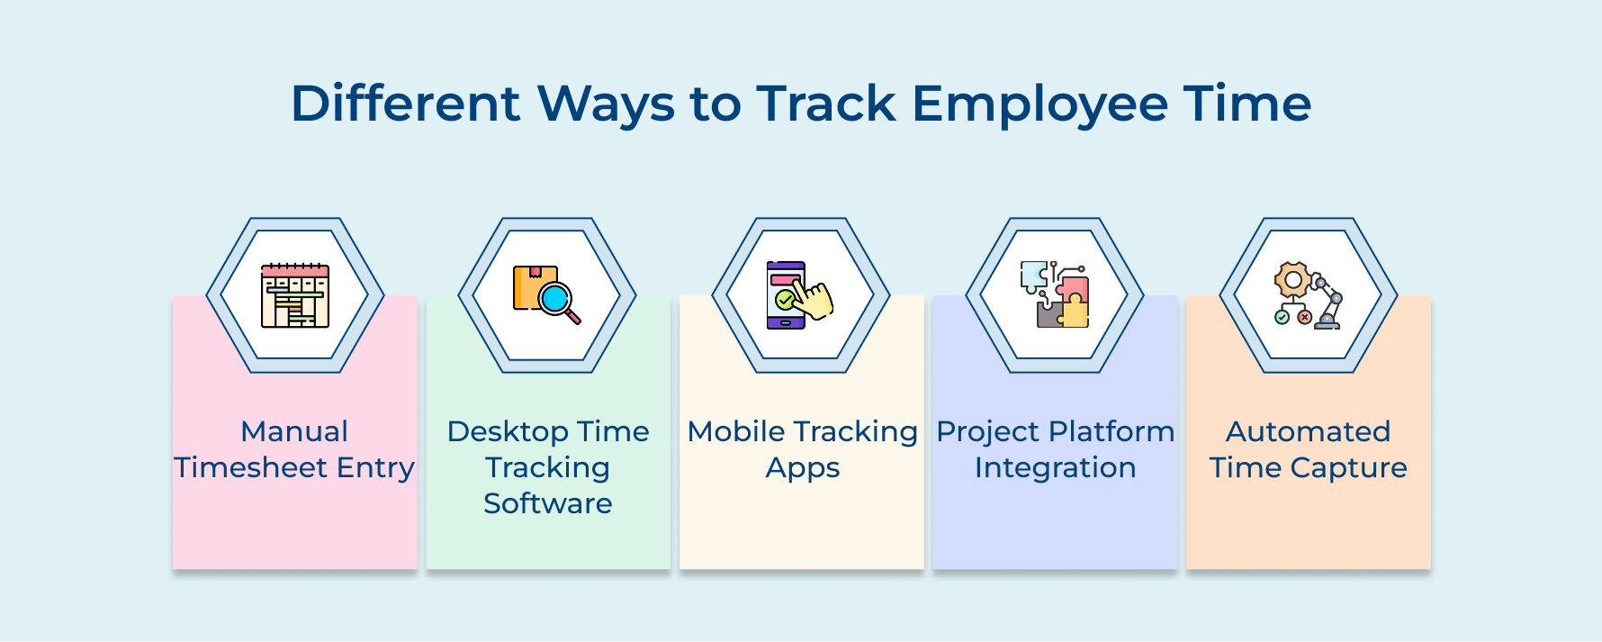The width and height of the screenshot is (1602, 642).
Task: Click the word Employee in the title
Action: click(x=1039, y=104)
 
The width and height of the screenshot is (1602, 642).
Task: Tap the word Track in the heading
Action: click(x=825, y=104)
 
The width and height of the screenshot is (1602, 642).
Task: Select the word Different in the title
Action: click(x=405, y=104)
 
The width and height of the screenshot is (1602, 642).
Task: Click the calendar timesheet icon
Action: click(x=295, y=295)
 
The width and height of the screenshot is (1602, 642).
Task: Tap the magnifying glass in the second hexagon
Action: click(x=558, y=301)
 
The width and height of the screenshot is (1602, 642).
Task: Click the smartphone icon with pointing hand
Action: click(x=787, y=295)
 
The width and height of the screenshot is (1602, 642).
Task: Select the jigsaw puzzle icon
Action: click(x=1055, y=295)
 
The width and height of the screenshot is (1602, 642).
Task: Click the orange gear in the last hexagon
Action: click(x=1292, y=280)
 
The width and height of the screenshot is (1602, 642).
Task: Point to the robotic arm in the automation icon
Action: click(x=1328, y=302)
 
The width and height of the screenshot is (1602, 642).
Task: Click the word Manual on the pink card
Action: click(x=294, y=431)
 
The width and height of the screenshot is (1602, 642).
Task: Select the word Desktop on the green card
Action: click(x=508, y=431)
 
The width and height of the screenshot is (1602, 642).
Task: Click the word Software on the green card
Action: click(x=547, y=503)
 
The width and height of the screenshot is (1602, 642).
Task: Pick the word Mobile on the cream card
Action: click(x=736, y=431)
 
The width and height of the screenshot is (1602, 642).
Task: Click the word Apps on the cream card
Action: click(x=802, y=468)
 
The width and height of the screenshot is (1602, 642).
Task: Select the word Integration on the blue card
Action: click(x=1055, y=468)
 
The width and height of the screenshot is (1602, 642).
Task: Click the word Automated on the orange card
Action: click(x=1308, y=431)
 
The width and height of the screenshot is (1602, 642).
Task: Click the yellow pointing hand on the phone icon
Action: click(x=815, y=300)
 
